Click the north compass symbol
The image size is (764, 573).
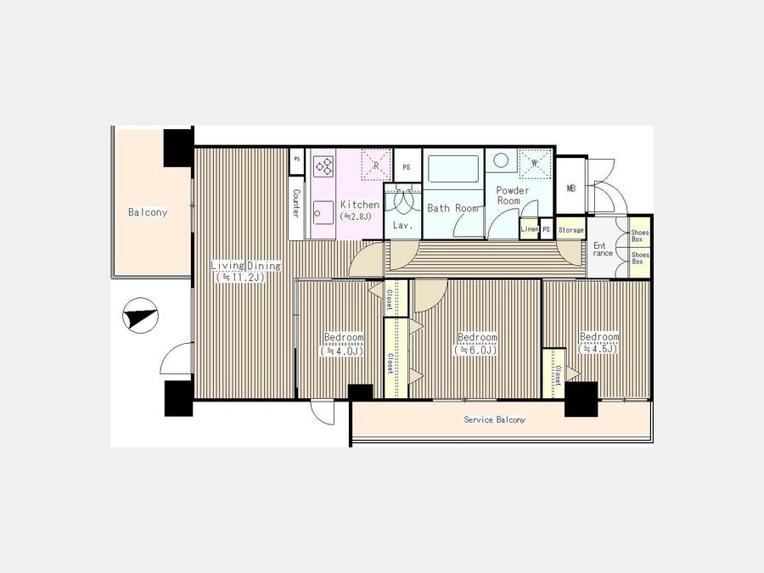coord(140,315)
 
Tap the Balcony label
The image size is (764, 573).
coord(148,212)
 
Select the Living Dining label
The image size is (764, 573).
coord(245,266)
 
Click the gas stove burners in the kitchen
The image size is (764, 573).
coord(323,166)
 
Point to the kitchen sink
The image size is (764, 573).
coord(323,212)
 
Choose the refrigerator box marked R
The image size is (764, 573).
coord(376,166)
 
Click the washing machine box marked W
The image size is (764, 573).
coord(535,164)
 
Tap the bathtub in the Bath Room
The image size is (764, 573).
coord(453,169)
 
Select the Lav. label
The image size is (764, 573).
coord(403,226)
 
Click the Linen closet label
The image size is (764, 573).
coord(530,229)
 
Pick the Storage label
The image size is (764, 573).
coord(571,230)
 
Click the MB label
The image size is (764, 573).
coord(571,188)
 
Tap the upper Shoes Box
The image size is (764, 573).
coord(640,236)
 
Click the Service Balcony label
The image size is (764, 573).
coord(495,419)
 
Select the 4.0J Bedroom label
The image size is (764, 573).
coord(344,337)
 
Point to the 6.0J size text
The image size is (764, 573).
coord(475,350)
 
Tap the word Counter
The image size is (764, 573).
coord(295,203)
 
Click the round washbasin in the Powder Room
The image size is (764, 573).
coord(501,160)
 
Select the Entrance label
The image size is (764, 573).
coord(602,249)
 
